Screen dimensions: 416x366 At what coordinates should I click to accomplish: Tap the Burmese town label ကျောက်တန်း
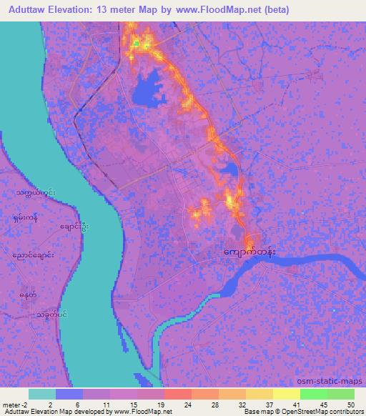tap(249, 253)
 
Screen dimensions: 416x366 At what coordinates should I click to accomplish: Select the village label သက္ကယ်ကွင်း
tap(32, 193)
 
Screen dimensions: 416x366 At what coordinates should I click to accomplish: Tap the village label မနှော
tap(29, 294)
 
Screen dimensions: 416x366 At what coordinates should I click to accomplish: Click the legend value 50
tap(350, 405)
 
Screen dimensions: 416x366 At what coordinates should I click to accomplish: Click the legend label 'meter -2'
tap(14, 405)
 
